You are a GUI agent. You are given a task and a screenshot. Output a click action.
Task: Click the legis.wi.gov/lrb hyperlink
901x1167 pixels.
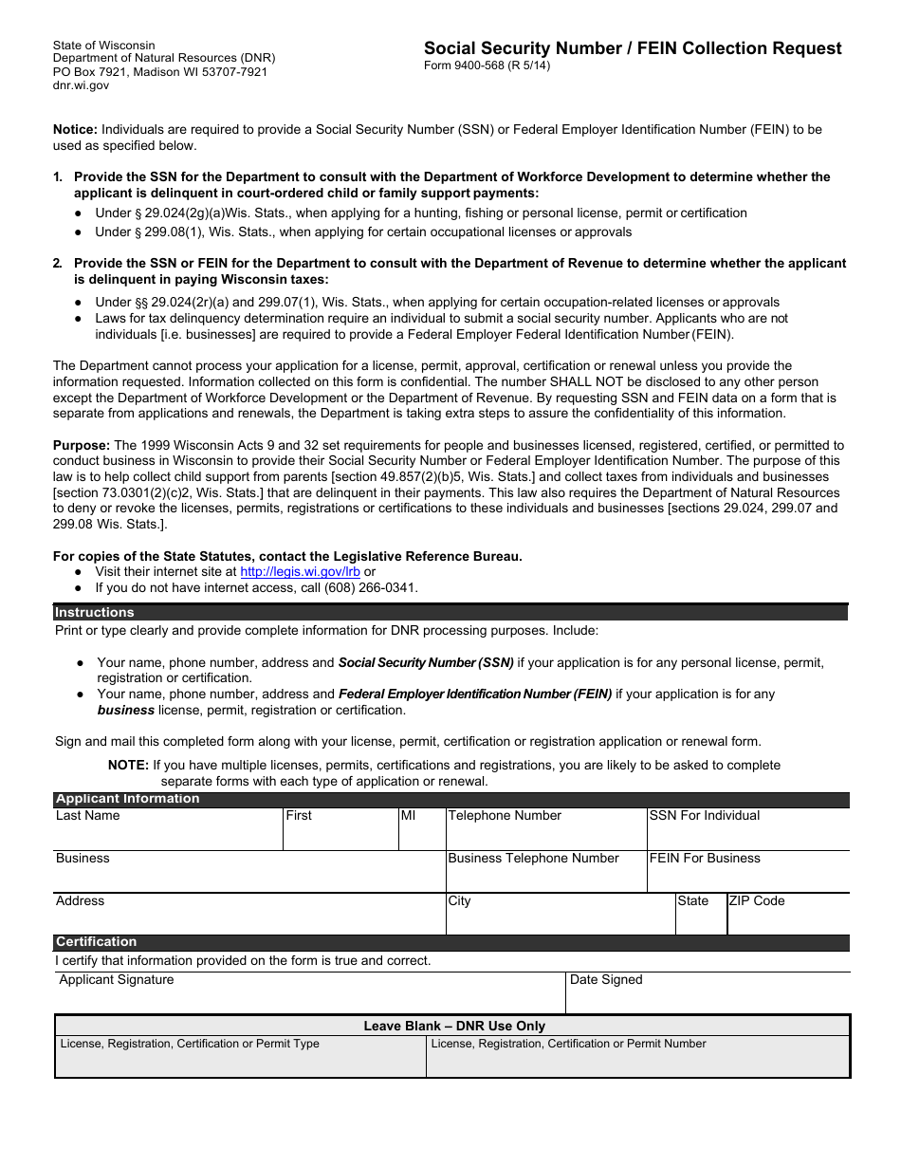(x=301, y=572)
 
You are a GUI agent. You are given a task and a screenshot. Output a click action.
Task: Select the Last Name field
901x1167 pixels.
(x=167, y=831)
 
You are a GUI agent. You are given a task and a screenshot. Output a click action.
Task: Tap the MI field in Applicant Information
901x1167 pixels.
(x=421, y=832)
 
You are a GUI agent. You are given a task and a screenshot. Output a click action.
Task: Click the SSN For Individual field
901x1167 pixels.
(x=747, y=832)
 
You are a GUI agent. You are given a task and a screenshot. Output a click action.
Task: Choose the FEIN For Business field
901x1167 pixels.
(x=747, y=875)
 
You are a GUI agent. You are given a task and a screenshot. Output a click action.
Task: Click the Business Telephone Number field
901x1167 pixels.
(x=545, y=875)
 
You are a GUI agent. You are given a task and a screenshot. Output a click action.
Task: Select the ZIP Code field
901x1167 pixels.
(x=787, y=917)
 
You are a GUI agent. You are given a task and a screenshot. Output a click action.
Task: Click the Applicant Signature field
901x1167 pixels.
(x=309, y=994)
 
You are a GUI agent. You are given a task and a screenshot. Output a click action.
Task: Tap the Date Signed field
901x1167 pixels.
(x=708, y=994)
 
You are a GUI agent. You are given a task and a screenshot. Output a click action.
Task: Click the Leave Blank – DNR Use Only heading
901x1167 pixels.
(x=454, y=1026)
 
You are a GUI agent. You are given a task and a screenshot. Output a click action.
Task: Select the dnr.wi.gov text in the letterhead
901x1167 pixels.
(x=81, y=85)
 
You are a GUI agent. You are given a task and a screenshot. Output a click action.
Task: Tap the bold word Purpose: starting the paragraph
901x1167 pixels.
(x=82, y=445)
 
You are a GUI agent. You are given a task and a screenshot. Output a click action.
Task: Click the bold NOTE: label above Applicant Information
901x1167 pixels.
(x=128, y=765)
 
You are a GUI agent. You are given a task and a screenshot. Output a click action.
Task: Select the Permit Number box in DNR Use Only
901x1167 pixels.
(x=637, y=1057)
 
